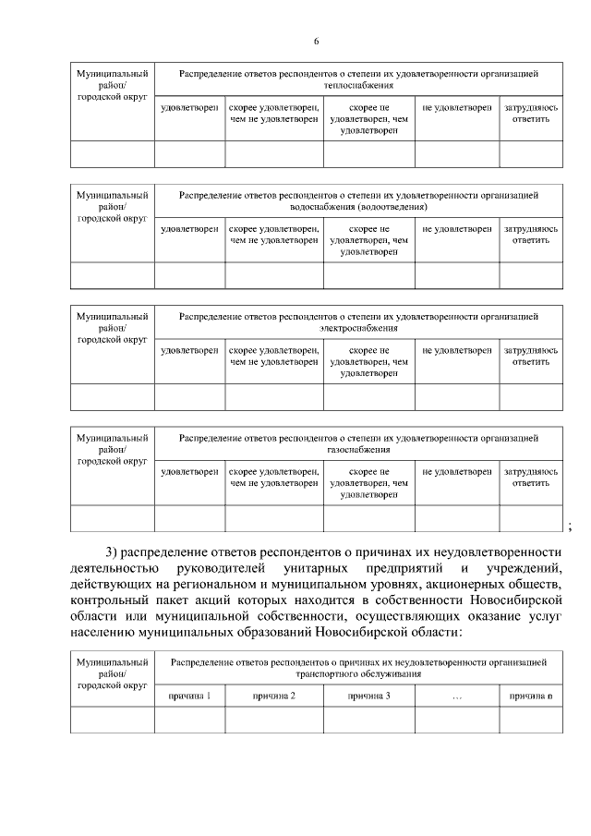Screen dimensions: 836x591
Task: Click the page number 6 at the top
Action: [x=316, y=42]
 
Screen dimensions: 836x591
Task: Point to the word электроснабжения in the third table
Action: [x=358, y=328]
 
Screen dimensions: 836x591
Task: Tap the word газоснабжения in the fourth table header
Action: [x=358, y=450]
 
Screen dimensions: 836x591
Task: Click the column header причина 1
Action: [x=188, y=695]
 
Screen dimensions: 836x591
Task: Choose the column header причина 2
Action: [x=273, y=695]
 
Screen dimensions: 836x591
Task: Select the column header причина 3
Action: [x=368, y=695]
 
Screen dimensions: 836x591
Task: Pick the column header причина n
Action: [x=531, y=695]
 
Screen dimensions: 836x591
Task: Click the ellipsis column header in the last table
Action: [x=457, y=696]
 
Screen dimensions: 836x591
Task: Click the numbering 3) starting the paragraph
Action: [x=115, y=552]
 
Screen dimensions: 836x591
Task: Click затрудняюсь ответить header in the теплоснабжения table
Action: [x=531, y=113]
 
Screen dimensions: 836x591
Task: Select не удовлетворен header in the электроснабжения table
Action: [x=456, y=351]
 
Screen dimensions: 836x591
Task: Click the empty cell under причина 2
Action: [x=273, y=719]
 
